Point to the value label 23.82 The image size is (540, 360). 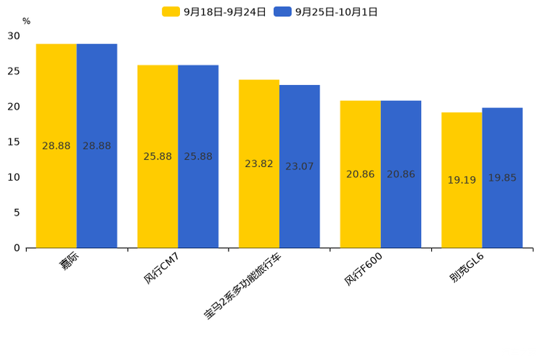258,164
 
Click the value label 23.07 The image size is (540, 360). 299,167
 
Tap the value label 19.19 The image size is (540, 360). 462,180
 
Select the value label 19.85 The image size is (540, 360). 502,178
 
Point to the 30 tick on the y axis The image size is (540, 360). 14,36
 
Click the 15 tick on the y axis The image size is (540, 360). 14,142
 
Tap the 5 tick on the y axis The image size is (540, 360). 17,213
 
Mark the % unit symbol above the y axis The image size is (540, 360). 26,22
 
